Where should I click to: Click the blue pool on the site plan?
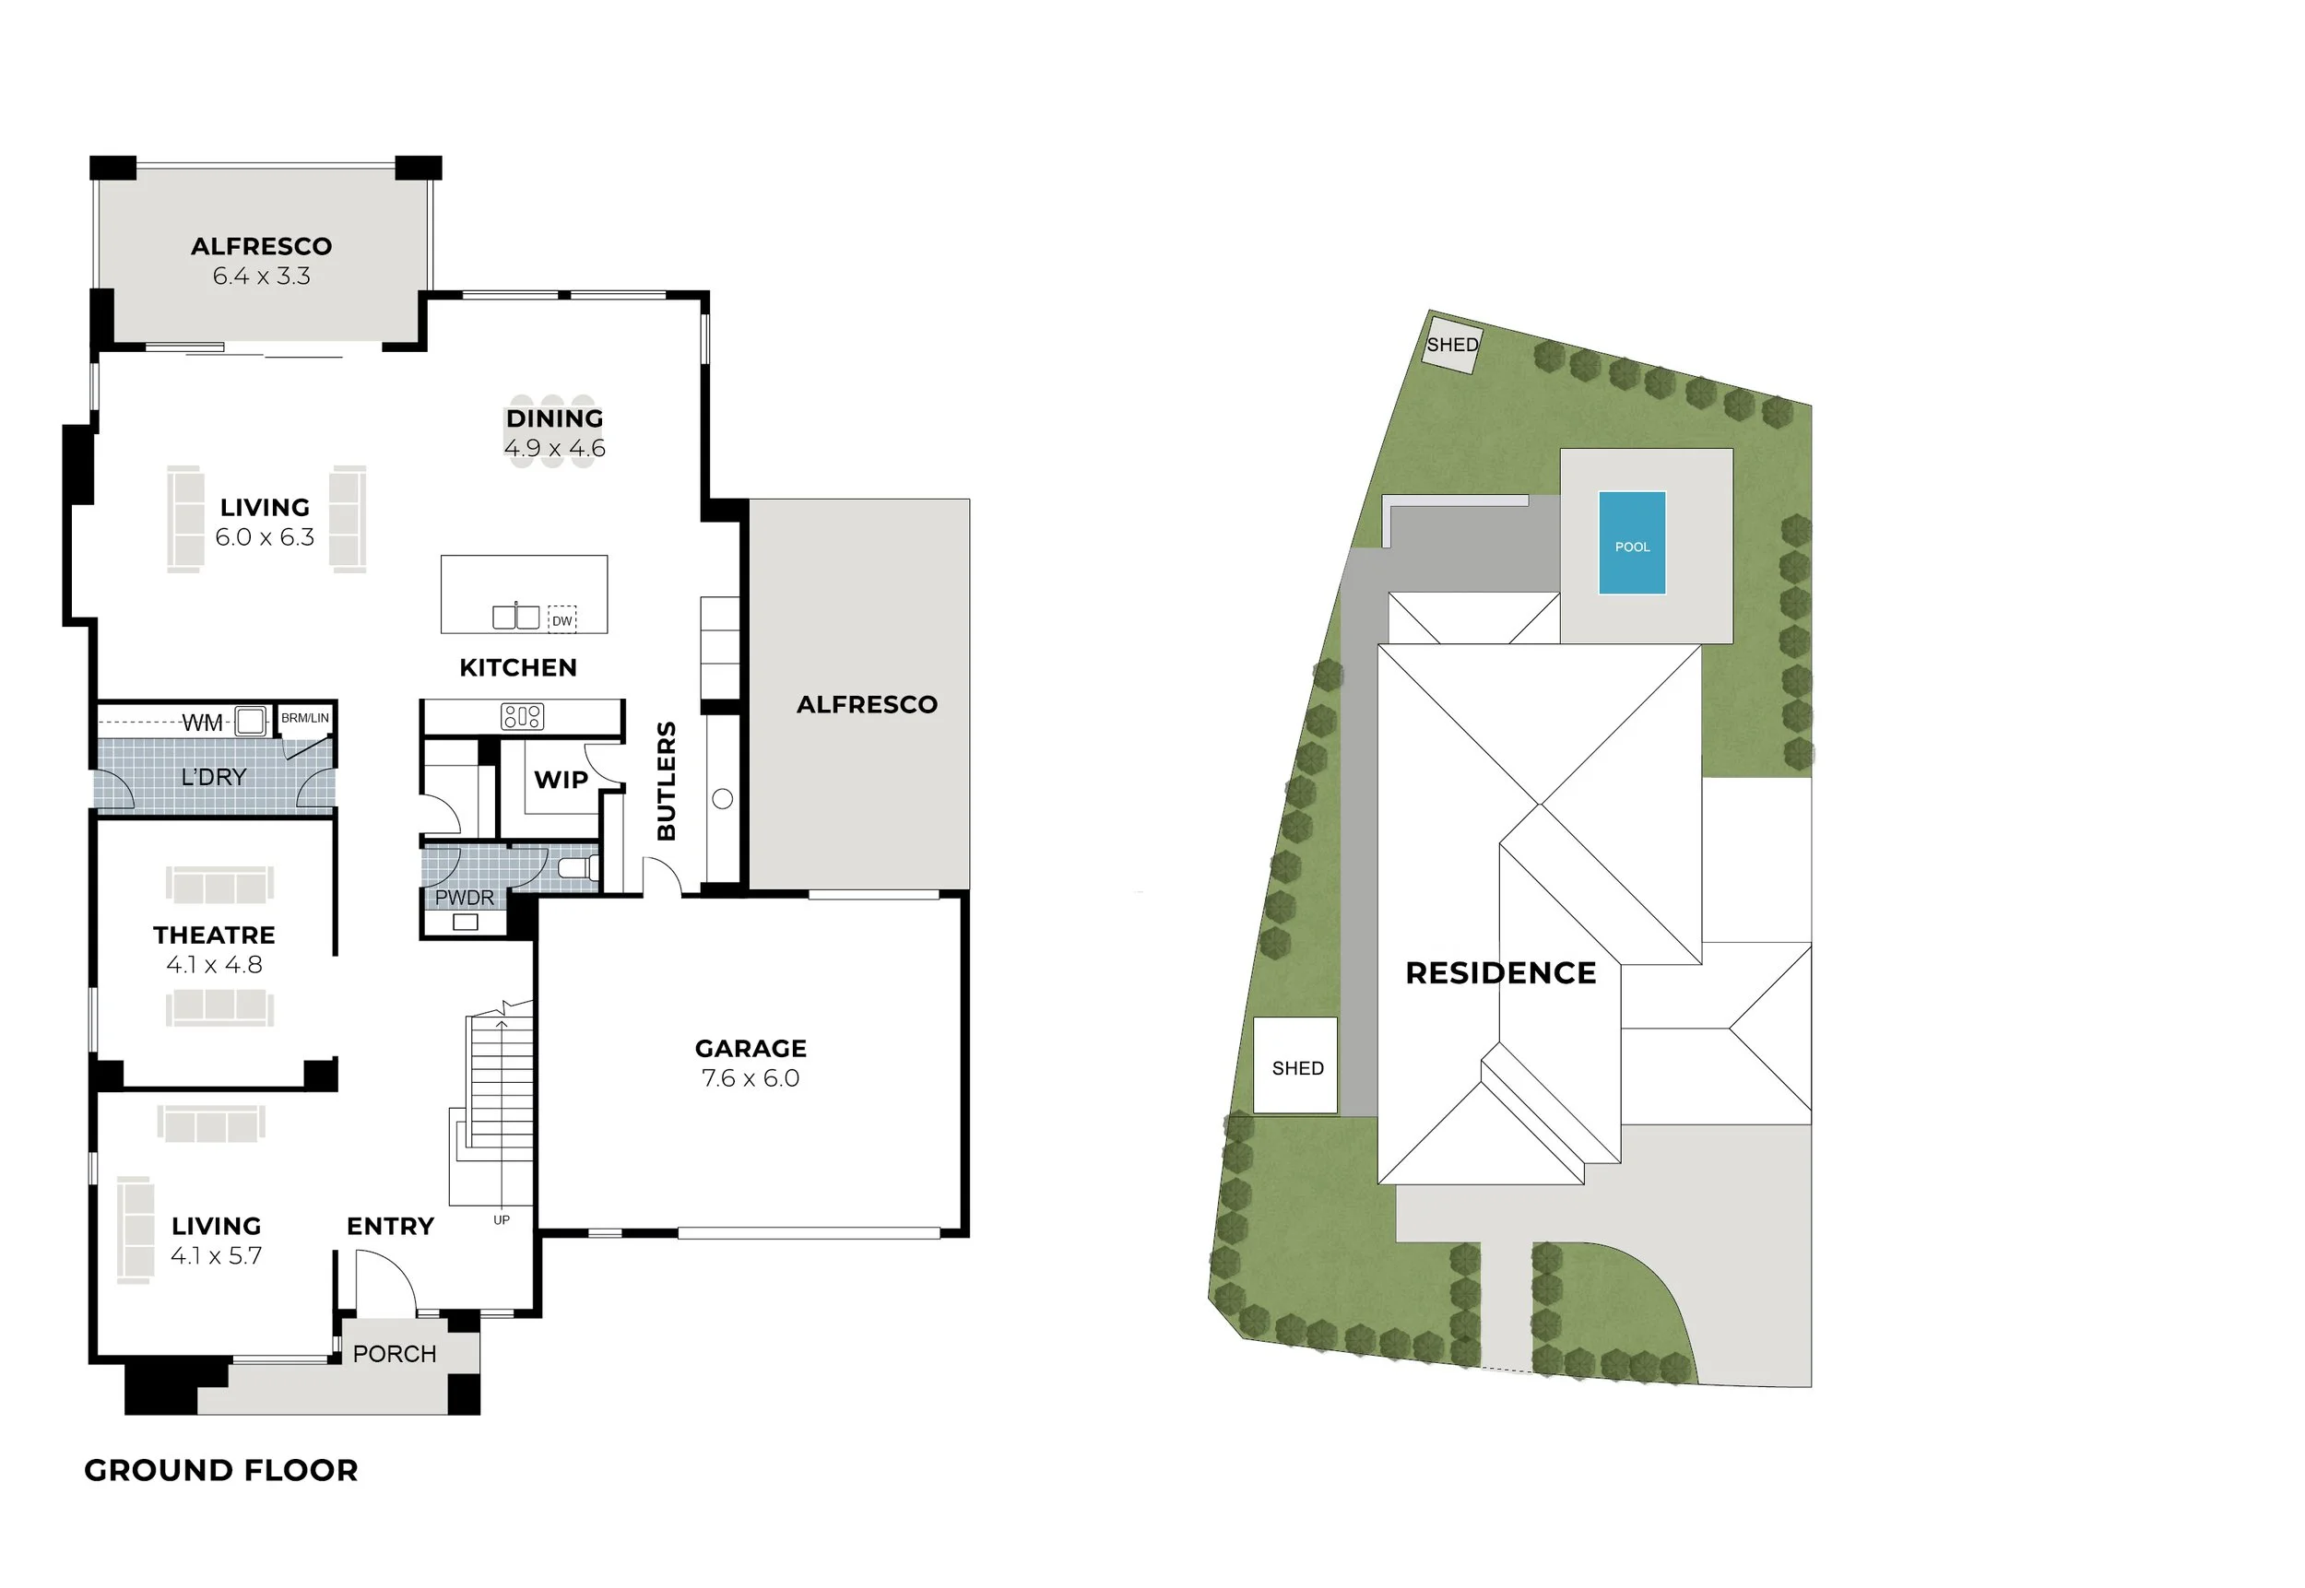tap(1632, 543)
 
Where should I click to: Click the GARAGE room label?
tap(751, 1049)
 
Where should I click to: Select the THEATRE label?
tap(214, 935)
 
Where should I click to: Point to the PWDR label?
tap(465, 898)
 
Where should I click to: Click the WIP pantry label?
tap(561, 780)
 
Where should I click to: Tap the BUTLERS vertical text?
tap(667, 781)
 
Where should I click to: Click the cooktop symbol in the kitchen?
tap(523, 716)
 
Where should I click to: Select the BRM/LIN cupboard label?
tap(304, 717)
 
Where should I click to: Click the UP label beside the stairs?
tap(502, 1220)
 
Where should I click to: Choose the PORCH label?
tap(396, 1354)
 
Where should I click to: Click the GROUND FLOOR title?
tap(221, 1471)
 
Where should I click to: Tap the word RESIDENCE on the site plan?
tap(1501, 973)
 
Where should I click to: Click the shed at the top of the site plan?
tap(1452, 346)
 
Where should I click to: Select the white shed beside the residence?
tap(1294, 1065)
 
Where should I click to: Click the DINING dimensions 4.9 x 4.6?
tap(554, 449)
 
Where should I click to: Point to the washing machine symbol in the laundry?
tap(250, 721)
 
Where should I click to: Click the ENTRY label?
tap(390, 1227)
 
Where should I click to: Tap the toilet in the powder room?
tap(578, 867)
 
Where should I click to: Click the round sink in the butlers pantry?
tap(724, 799)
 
